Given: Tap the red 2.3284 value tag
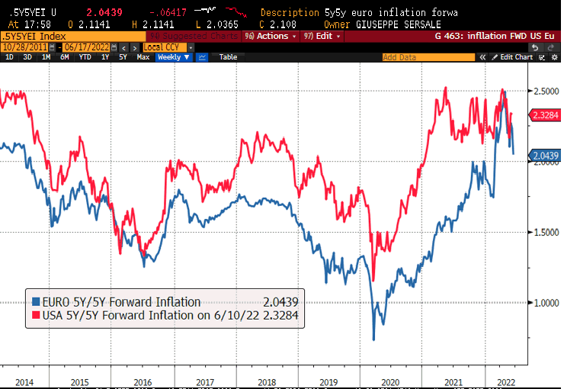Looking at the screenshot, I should click(543, 115).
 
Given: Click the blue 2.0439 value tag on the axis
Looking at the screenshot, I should click(543, 155).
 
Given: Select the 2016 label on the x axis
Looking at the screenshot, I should click(143, 381).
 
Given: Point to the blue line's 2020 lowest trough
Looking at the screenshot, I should click(373, 339).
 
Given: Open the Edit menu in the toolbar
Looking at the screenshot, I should click(321, 36).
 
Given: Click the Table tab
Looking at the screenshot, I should click(228, 56).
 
